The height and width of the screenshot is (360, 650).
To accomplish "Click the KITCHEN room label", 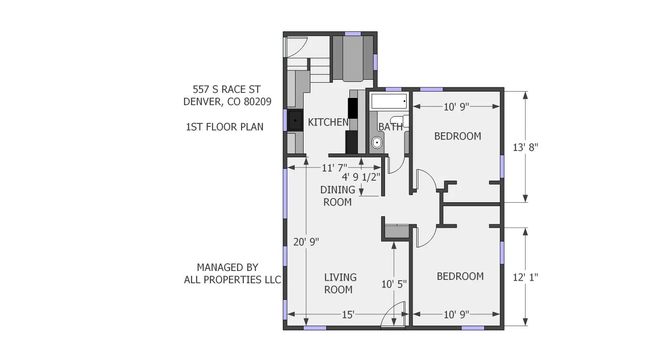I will tap(328, 122).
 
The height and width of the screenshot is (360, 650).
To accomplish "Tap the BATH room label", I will tap(390, 127).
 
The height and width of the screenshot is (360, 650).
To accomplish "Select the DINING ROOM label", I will tap(338, 196).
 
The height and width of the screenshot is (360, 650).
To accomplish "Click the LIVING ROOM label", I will tap(340, 283).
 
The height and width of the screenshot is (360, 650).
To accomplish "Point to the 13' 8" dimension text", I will tap(525, 148).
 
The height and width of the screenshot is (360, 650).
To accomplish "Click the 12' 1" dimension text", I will tap(525, 277).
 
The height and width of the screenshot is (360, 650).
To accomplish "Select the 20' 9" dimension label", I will tap(306, 242).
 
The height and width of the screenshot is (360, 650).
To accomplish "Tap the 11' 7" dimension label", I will tap(334, 168).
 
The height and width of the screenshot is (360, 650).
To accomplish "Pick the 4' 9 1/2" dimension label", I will tap(361, 177).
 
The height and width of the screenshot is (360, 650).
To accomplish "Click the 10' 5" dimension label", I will tap(394, 284).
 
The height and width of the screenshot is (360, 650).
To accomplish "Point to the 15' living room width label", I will tap(348, 315).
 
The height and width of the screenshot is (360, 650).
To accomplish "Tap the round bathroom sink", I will tap(376, 142).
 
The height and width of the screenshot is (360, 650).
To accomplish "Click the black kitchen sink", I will tap(295, 120).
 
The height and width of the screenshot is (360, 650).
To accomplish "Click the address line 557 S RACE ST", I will tap(226, 89).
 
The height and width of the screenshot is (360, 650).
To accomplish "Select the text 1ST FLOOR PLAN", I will tap(224, 127).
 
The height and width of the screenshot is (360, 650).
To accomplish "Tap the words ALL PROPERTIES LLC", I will tap(232, 280).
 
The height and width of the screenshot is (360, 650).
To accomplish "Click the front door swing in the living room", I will tap(393, 317).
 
